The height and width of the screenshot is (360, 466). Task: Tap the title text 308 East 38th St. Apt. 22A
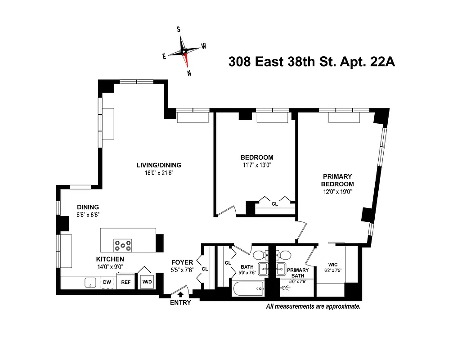[312, 62]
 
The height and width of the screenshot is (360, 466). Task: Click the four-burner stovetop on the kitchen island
[123, 246]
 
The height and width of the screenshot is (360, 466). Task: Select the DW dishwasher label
[107, 282]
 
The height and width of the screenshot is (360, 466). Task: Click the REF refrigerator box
[125, 282]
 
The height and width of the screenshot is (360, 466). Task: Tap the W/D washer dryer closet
[147, 282]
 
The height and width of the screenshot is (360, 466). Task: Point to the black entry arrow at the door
[181, 295]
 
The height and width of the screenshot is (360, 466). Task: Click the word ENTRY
[180, 302]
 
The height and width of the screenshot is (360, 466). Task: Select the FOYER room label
[182, 262]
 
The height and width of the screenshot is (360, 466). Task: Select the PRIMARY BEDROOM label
[337, 180]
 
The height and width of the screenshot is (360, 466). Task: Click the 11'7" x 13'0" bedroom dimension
[257, 165]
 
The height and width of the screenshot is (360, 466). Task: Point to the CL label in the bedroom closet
[274, 203]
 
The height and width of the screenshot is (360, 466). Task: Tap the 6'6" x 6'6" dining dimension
[88, 215]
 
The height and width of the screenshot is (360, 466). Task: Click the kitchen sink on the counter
[90, 283]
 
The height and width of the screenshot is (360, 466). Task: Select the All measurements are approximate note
[313, 306]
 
